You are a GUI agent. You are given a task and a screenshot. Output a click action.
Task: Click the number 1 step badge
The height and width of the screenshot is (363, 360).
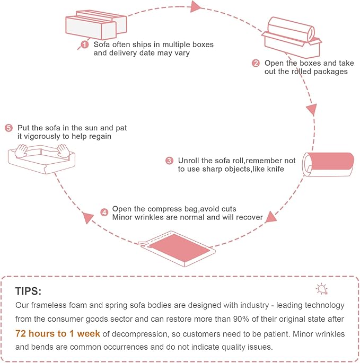(85, 45)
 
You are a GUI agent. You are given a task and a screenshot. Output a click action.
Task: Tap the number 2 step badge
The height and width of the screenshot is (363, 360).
(256, 63)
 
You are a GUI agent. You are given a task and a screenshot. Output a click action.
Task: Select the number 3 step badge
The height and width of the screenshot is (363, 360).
(169, 161)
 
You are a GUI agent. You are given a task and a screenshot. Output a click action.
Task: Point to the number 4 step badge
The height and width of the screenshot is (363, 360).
(104, 213)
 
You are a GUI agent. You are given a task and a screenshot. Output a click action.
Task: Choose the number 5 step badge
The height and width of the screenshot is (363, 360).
(8, 128)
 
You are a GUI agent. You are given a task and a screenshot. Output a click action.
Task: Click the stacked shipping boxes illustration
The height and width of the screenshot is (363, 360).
(96, 24)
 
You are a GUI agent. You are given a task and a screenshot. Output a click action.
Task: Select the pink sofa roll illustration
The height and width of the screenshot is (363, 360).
(328, 164)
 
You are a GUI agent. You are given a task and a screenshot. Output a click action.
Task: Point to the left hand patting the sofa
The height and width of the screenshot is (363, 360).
(21, 150)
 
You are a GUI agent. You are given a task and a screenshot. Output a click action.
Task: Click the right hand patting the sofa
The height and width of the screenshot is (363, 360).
(63, 150)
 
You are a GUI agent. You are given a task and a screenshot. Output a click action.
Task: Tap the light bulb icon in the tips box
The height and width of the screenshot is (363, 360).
(322, 289)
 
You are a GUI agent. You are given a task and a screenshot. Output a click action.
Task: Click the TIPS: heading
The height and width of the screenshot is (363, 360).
(28, 291)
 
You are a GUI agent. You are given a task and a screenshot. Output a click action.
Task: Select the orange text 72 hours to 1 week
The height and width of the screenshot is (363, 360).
(58, 334)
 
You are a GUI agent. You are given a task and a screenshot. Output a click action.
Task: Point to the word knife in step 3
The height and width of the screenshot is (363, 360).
(276, 169)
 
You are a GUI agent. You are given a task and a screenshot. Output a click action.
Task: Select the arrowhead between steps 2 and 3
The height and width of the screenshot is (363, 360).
(312, 110)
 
